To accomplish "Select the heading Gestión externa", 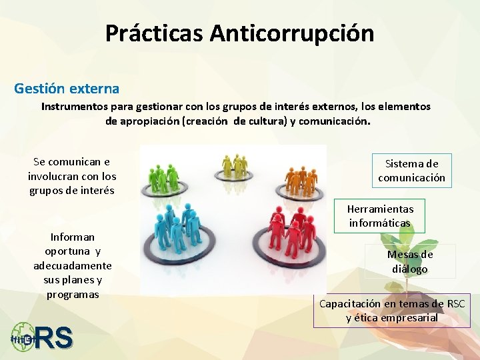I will point(67,88).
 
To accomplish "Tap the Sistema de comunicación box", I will point(411,171).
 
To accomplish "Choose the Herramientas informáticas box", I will point(379,216).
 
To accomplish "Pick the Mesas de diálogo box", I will point(410,262).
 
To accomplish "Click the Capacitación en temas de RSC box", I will point(392,311).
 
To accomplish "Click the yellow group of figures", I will point(235,164).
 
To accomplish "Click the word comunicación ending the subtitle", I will point(333,122).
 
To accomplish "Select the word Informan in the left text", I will point(73,237).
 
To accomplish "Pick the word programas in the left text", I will point(73,295).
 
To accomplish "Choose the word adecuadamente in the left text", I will point(73,266).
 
